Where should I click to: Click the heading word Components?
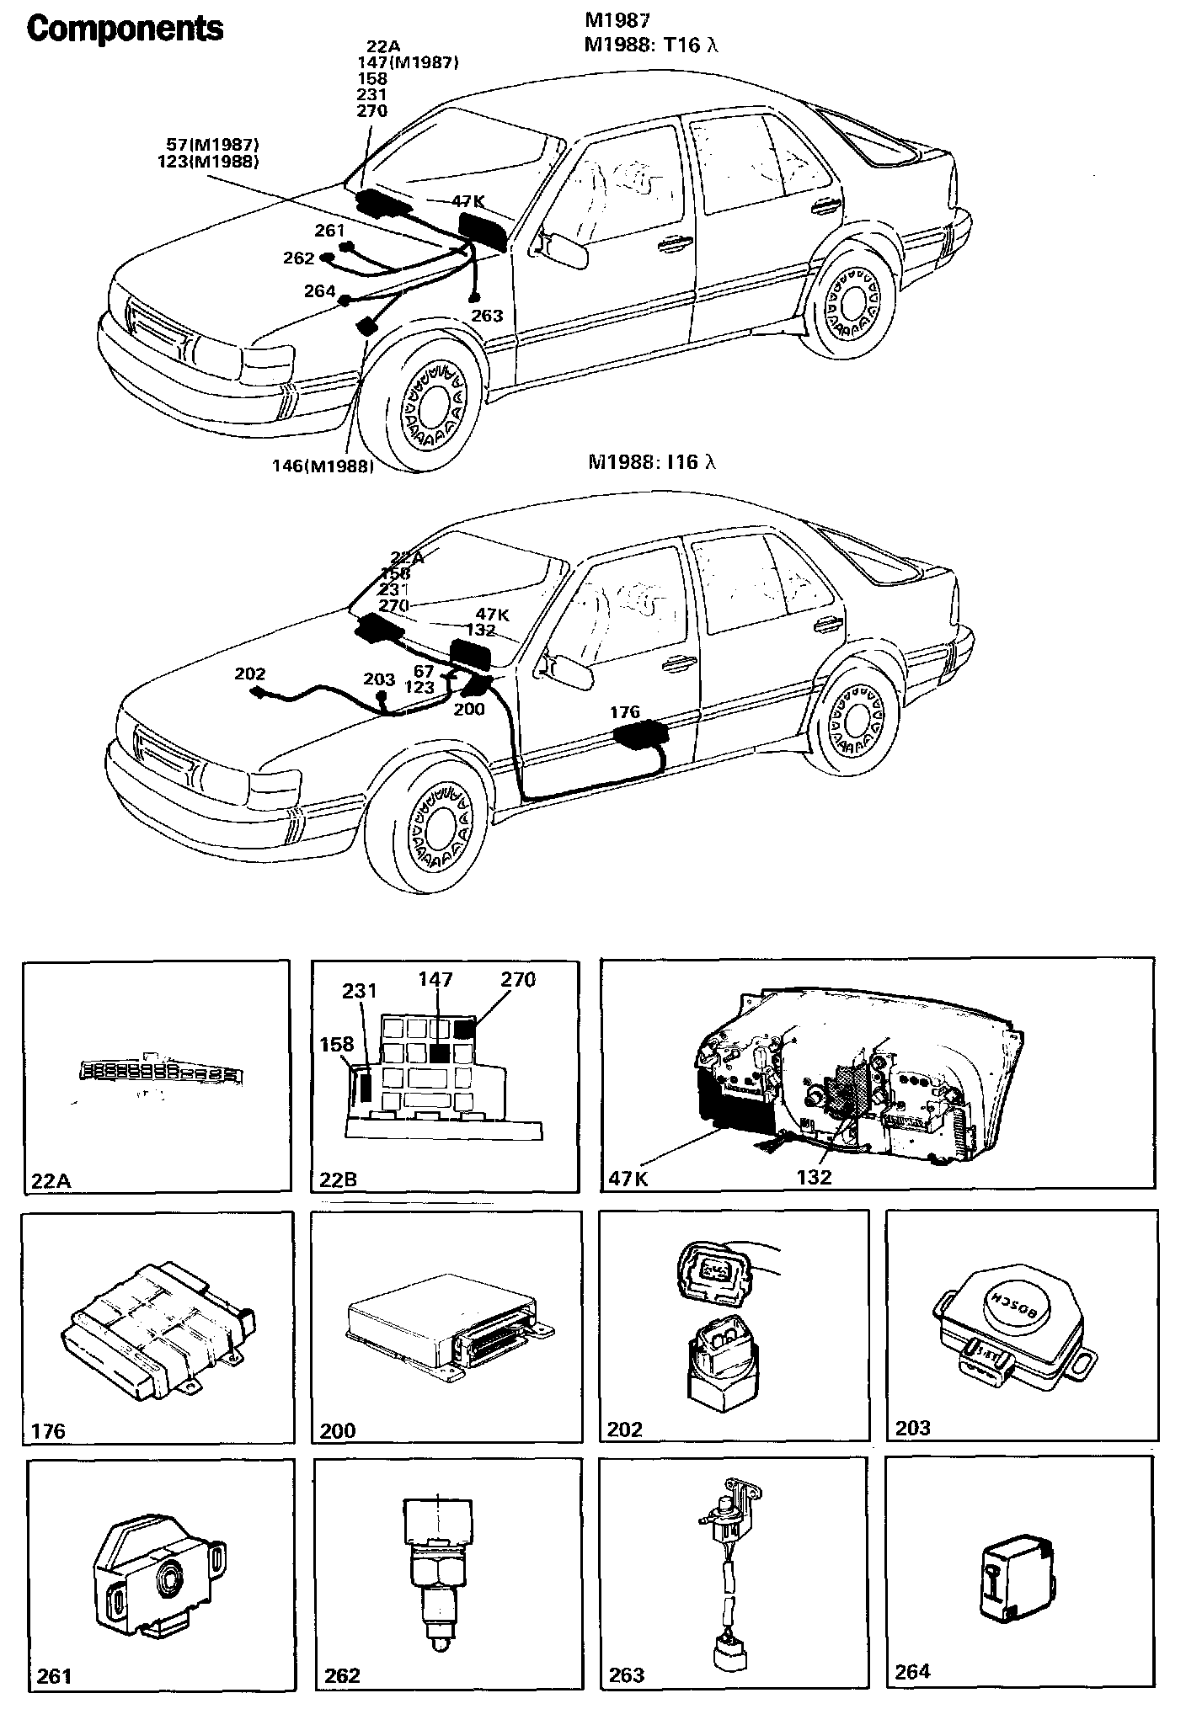point(126,29)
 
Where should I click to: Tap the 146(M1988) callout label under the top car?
point(323,466)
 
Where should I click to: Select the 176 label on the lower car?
point(625,712)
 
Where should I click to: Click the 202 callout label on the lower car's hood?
point(250,673)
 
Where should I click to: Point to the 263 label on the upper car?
point(487,316)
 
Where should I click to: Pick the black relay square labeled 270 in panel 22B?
point(464,1028)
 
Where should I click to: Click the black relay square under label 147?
point(438,1052)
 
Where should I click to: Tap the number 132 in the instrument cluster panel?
point(814,1177)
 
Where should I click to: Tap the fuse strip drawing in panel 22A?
point(159,1071)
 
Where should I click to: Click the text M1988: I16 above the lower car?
point(651,461)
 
